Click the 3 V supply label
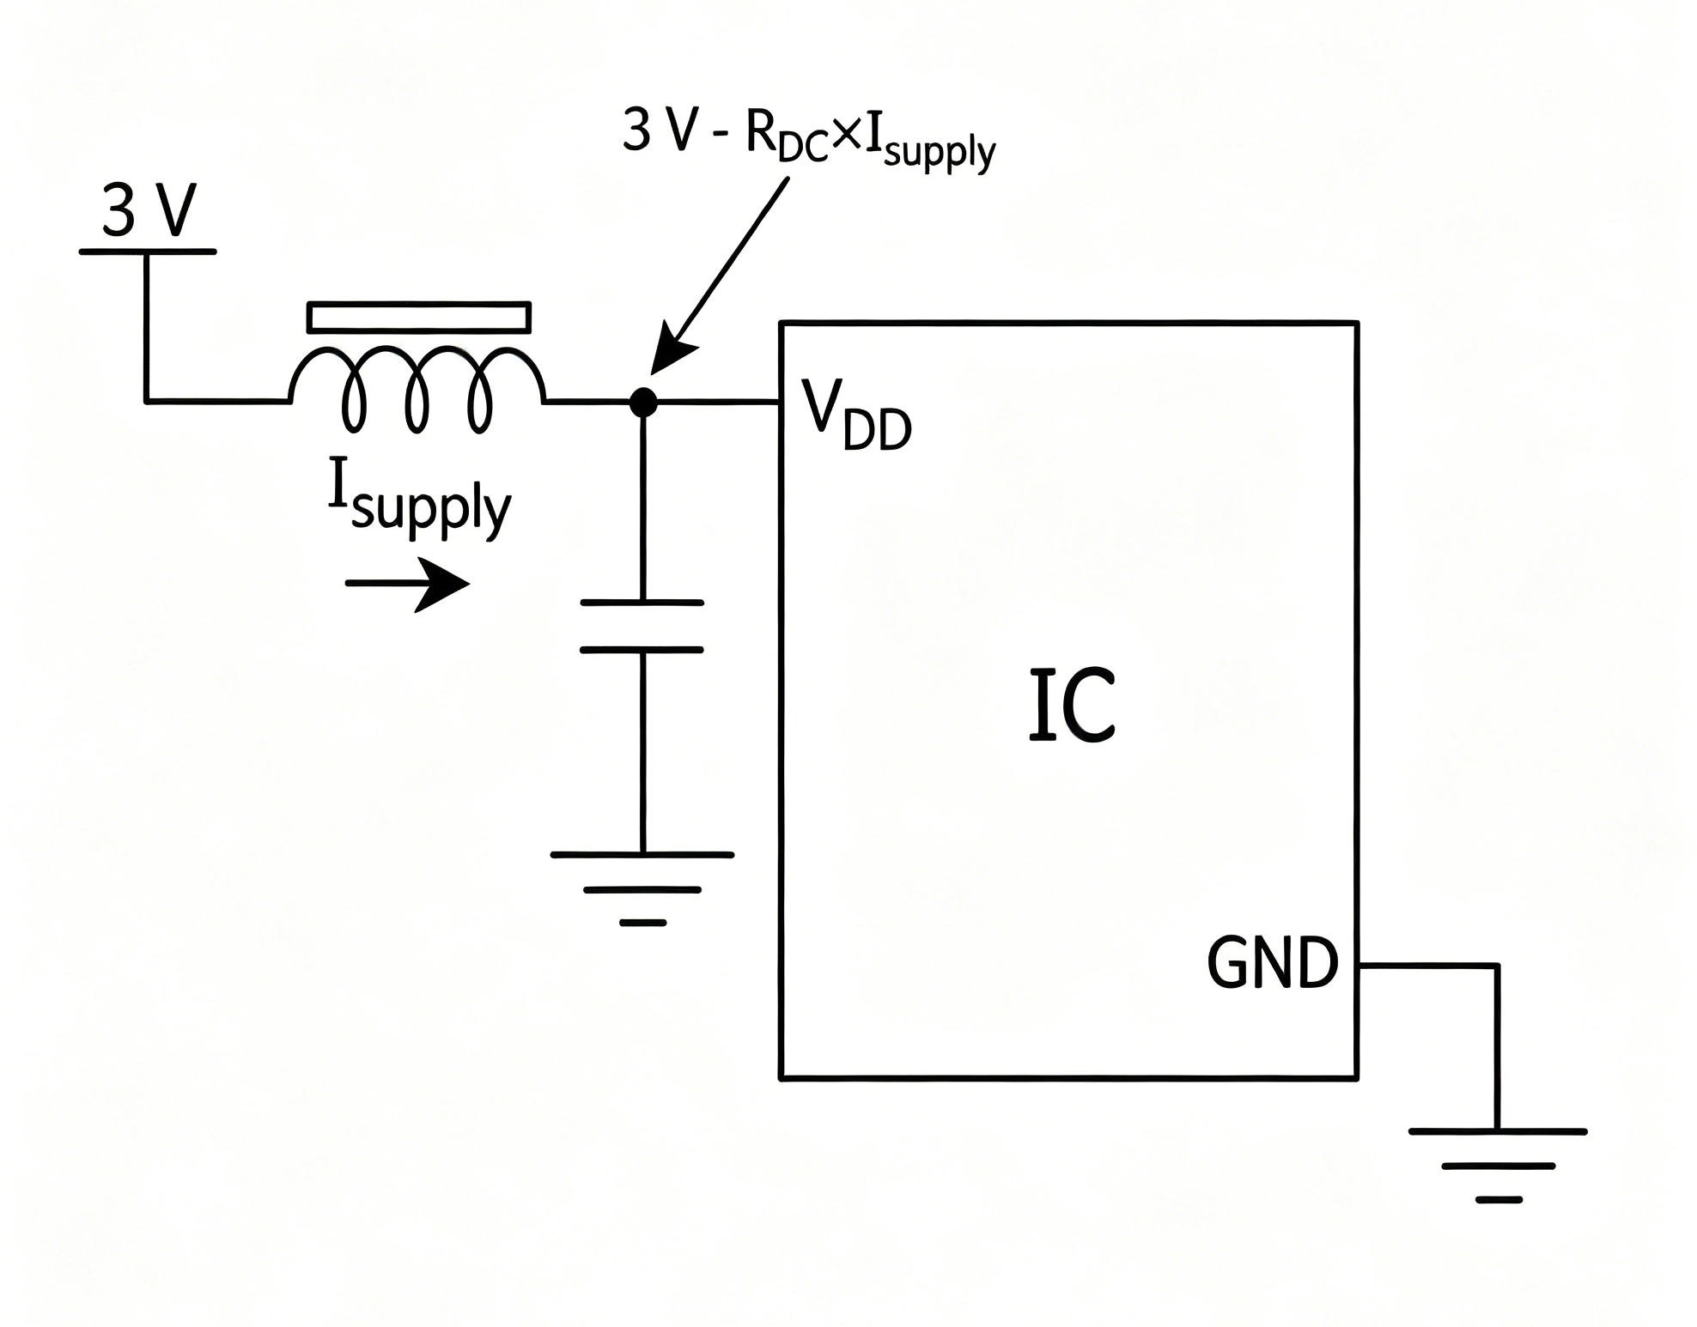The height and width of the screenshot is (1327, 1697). tap(149, 210)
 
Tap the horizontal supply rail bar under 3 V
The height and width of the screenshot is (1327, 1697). tap(148, 251)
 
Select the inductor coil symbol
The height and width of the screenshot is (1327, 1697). tap(417, 389)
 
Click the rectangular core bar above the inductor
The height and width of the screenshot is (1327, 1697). tap(419, 317)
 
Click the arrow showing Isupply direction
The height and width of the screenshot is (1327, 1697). tap(408, 584)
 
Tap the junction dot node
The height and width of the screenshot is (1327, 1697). tap(642, 402)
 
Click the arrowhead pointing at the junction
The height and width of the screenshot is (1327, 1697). tap(672, 350)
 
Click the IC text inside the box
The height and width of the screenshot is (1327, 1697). tap(1072, 705)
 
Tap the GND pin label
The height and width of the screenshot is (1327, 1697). tap(1273, 963)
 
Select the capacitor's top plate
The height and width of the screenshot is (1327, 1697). tap(642, 603)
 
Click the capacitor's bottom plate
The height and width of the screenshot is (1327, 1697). tap(642, 650)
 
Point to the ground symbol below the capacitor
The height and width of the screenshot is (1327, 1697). tap(642, 888)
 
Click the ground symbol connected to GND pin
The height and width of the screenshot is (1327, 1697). tap(1498, 1166)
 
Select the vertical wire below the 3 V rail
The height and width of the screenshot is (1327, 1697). tap(147, 327)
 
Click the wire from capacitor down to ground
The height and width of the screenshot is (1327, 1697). tap(642, 752)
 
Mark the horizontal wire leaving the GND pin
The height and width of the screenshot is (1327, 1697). tap(1428, 966)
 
